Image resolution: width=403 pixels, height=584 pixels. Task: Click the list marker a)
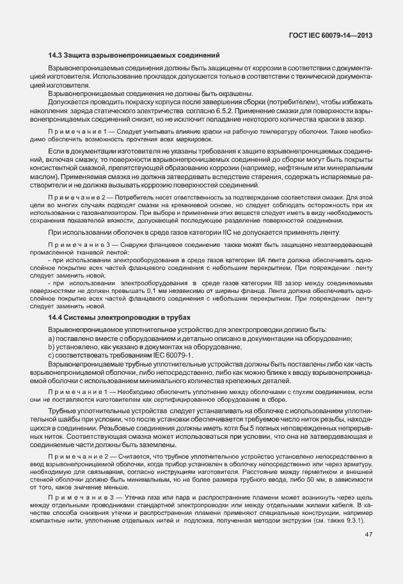coord(51,338)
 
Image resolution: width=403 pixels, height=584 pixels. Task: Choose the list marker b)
coord(51,347)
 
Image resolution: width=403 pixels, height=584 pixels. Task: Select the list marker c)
coord(51,354)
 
